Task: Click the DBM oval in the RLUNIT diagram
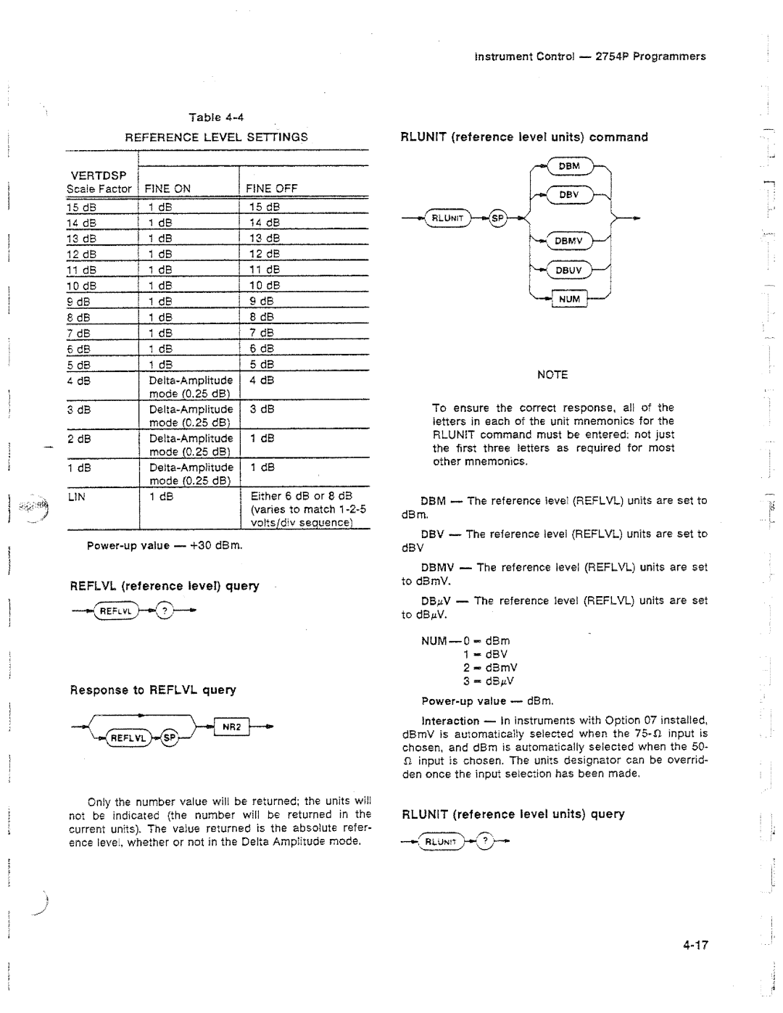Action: point(570,166)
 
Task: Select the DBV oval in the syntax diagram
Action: point(569,194)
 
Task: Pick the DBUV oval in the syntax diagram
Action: point(569,270)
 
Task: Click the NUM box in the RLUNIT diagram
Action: point(570,298)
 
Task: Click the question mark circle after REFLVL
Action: point(165,611)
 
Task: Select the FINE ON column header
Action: point(167,189)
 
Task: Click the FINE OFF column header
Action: point(272,189)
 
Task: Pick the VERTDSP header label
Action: point(99,175)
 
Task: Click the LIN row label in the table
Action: point(77,497)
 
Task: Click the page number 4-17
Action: point(694,945)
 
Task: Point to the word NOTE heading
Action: point(552,375)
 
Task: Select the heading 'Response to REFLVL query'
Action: point(153,690)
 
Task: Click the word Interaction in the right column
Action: point(450,721)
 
